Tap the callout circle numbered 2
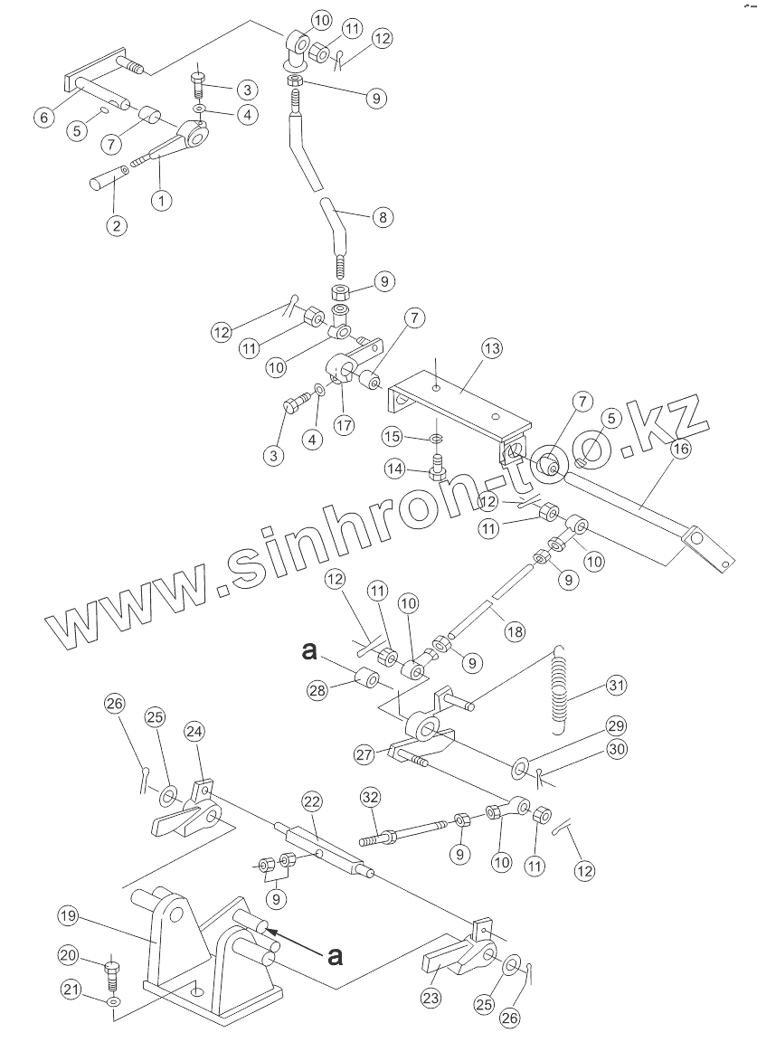tap(115, 225)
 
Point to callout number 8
tap(383, 217)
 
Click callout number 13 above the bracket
tap(491, 348)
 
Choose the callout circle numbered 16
tap(679, 447)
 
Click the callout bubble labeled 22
tap(311, 801)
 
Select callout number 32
tap(371, 797)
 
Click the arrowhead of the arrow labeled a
tap(270, 929)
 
